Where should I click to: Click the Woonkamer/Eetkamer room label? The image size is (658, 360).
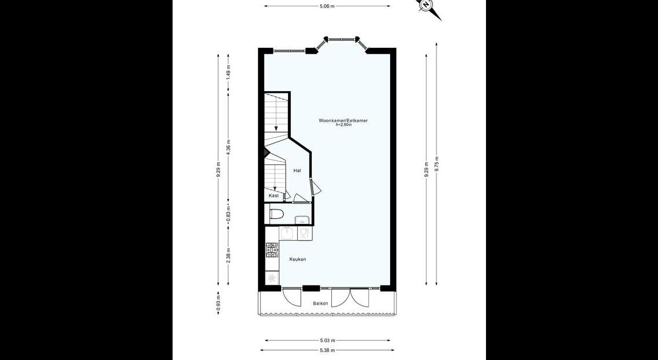click(x=343, y=121)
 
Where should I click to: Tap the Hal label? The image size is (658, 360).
click(x=297, y=170)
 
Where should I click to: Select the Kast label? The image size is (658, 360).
click(x=274, y=196)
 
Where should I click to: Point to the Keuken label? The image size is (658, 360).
click(x=297, y=259)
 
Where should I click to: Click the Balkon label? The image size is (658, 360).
click(x=320, y=303)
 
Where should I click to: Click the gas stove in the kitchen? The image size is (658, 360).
click(x=272, y=250)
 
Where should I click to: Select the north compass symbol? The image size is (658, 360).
click(x=428, y=7)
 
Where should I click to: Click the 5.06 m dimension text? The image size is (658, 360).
click(x=327, y=6)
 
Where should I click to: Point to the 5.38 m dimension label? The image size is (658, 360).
click(x=327, y=350)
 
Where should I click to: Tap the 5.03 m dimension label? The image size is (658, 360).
click(x=327, y=340)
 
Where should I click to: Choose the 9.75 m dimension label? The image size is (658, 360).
click(x=437, y=164)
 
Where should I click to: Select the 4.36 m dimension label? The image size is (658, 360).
click(x=229, y=147)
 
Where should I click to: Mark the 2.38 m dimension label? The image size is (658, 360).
click(x=229, y=256)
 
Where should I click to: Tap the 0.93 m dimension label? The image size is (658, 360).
click(x=218, y=303)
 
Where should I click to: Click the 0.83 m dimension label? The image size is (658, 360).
click(x=229, y=215)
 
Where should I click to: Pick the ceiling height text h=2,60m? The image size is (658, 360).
click(x=343, y=125)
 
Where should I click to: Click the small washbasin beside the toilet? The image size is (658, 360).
click(x=302, y=219)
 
